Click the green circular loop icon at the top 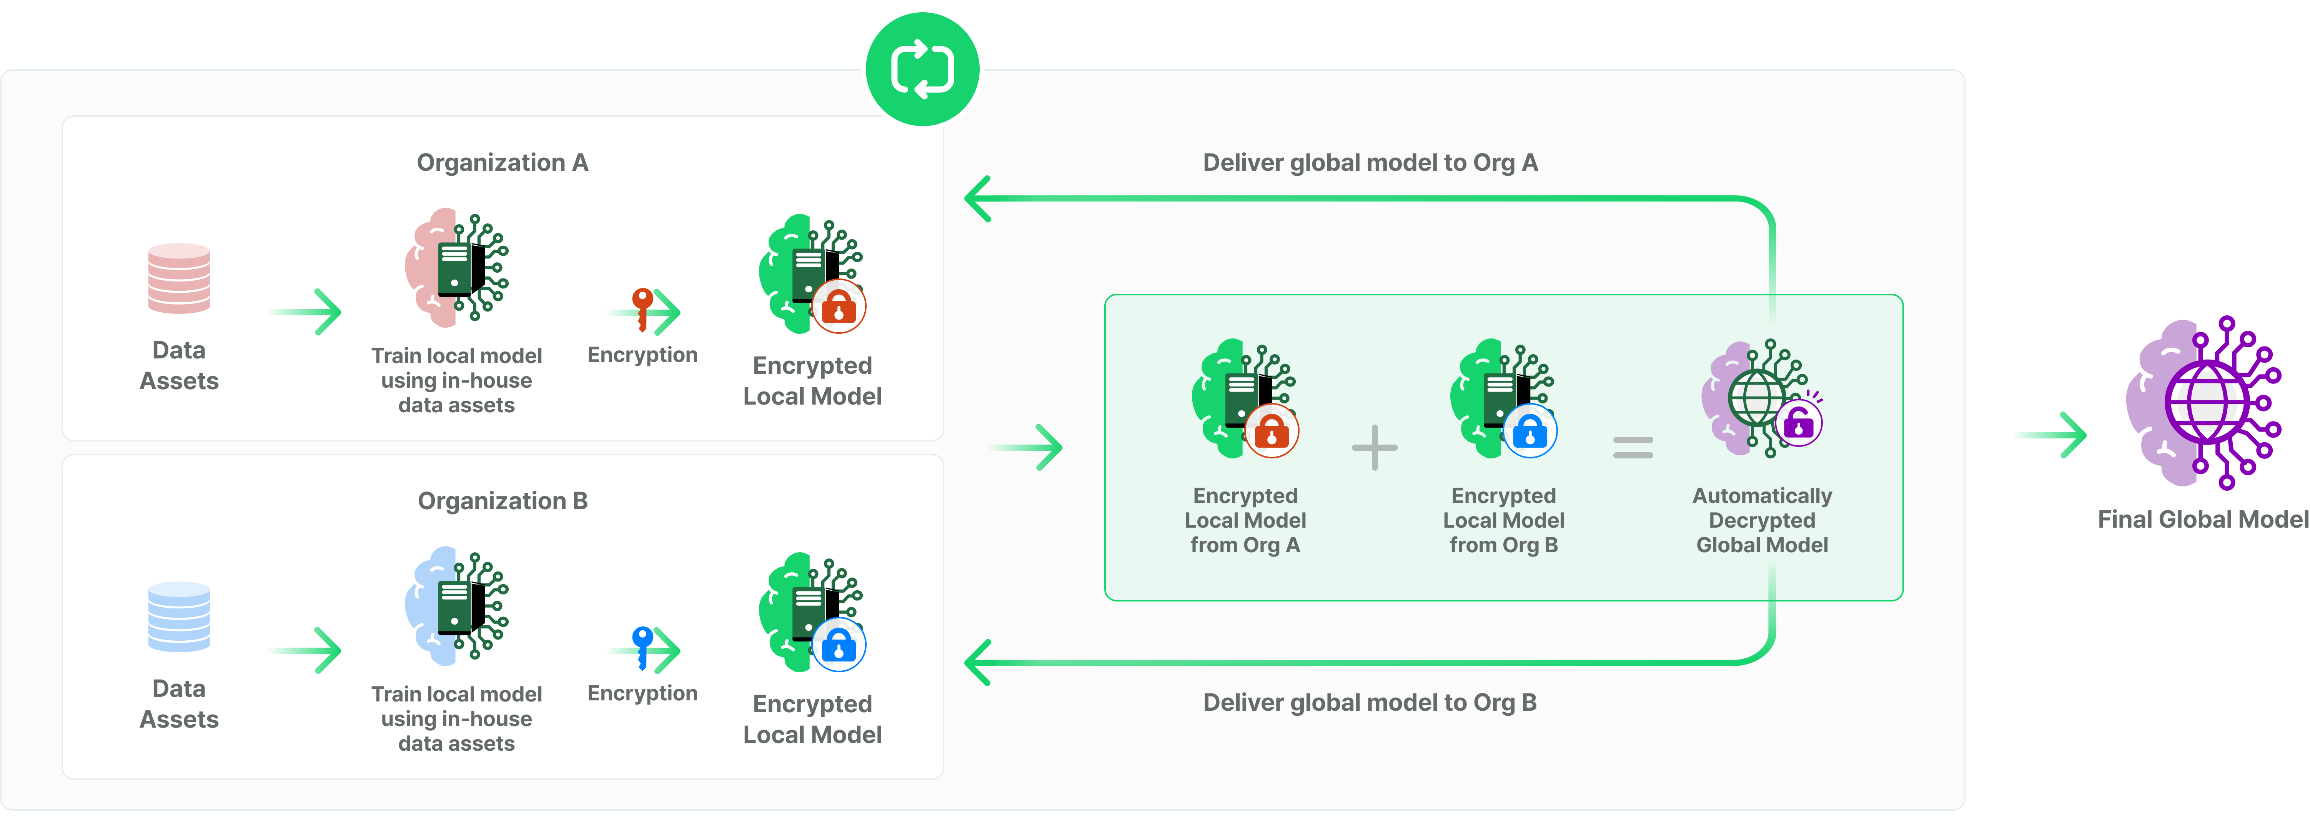pyautogui.click(x=922, y=69)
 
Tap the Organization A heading pyautogui.click(x=502, y=162)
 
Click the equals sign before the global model pyautogui.click(x=1633, y=447)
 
